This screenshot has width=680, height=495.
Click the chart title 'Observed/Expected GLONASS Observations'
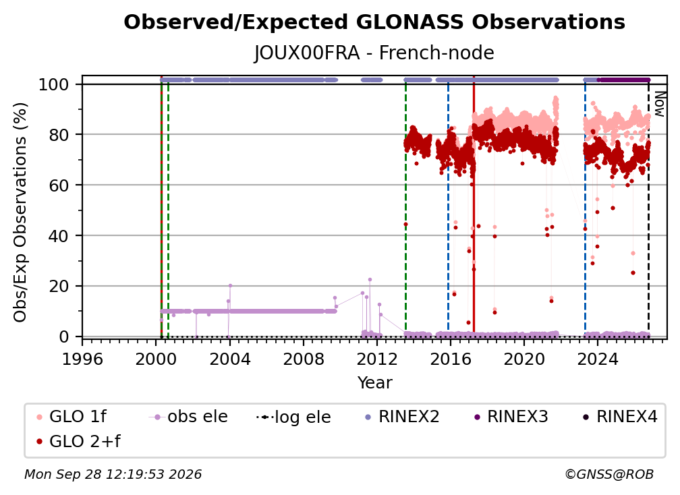point(374,22)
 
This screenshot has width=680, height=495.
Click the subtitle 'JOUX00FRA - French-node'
point(374,53)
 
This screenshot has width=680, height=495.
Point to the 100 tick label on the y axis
point(54,84)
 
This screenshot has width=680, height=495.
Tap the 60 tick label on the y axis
point(59,185)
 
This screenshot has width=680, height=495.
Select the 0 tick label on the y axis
point(64,337)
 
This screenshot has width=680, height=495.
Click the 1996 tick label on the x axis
point(82,359)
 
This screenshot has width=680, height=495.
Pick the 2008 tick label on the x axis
point(303,359)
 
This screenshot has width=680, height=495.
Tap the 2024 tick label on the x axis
point(597,359)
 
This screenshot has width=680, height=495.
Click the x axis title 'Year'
point(374,383)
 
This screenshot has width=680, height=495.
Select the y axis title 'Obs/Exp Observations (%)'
point(20,212)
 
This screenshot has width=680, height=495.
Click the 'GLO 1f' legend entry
point(72,417)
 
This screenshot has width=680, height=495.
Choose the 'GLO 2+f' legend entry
point(79,441)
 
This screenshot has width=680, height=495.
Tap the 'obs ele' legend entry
point(188,417)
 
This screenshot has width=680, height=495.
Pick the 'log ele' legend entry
point(293,417)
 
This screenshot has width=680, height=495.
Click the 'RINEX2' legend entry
point(401,417)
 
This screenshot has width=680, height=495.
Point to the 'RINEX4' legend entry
point(620,417)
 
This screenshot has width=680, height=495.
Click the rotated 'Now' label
point(659,104)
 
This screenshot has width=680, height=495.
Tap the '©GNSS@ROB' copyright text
point(609,475)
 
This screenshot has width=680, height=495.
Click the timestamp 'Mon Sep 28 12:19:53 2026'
point(113,475)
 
